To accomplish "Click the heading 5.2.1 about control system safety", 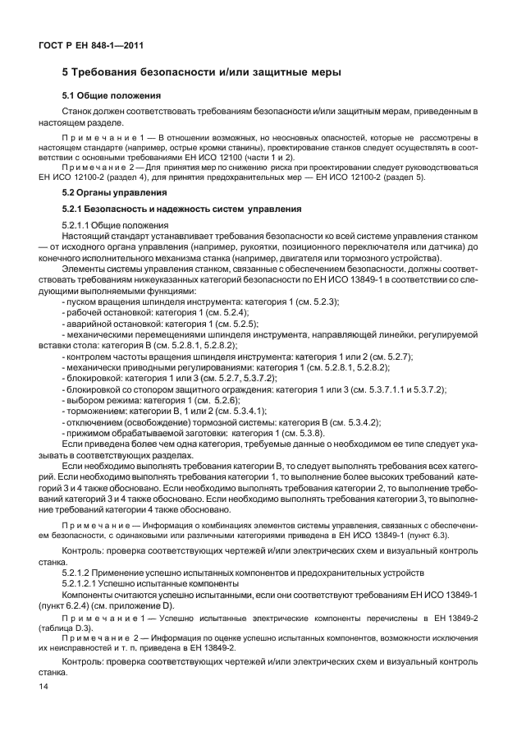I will pyautogui.click(x=176, y=208).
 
